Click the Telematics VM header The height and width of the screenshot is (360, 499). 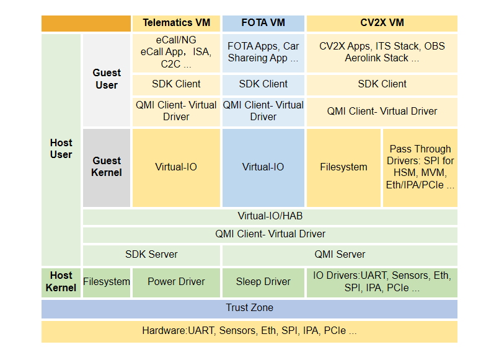(176, 23)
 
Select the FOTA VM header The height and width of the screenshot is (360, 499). (263, 23)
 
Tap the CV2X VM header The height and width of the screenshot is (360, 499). (382, 23)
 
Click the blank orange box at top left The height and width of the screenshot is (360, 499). (86, 23)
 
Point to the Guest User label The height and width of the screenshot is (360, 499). (107, 79)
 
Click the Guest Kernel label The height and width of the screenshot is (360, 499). (107, 167)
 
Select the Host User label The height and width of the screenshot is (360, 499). (61, 149)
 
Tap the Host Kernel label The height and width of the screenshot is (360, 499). (61, 281)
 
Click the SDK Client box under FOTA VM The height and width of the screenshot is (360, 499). (263, 84)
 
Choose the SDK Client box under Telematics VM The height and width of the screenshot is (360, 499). (176, 84)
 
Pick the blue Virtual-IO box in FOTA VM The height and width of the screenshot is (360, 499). (263, 167)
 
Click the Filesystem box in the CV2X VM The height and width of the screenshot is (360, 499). (343, 167)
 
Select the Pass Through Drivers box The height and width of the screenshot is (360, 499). (420, 167)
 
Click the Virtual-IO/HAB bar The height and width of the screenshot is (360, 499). (270, 216)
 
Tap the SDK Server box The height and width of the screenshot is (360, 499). (151, 254)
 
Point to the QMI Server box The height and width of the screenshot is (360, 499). (340, 254)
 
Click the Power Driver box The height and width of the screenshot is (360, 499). (176, 281)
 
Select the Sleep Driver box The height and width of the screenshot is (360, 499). (263, 281)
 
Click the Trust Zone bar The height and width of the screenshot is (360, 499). (249, 308)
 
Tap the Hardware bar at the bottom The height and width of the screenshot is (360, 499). (249, 331)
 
